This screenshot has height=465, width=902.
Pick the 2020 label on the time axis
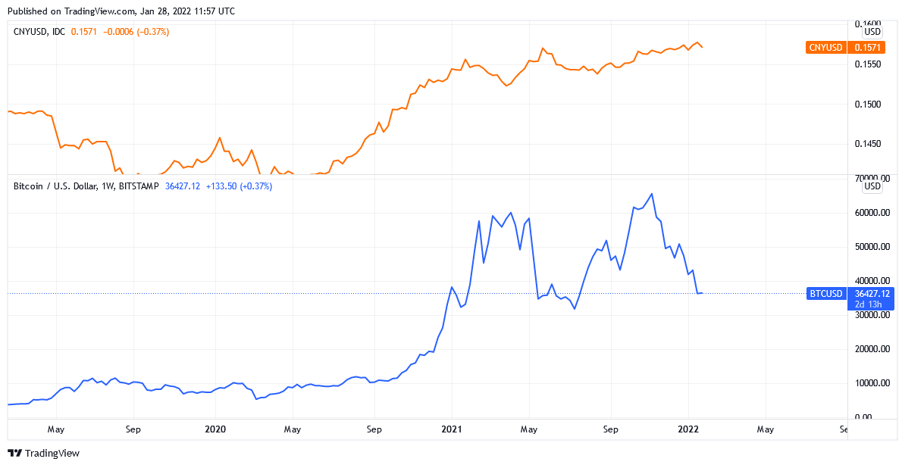coord(216,429)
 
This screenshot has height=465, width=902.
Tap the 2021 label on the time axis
coord(452,429)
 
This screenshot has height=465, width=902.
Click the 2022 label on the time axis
coord(688,429)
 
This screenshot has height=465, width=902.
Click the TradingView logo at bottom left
coord(43,453)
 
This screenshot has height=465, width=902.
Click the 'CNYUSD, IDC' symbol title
coord(39,32)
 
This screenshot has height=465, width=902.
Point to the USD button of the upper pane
coord(872,32)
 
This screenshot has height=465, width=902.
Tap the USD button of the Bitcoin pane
coord(872,186)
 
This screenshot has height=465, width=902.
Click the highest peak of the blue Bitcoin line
coord(652,194)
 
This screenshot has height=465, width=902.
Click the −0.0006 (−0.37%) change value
coord(136,32)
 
